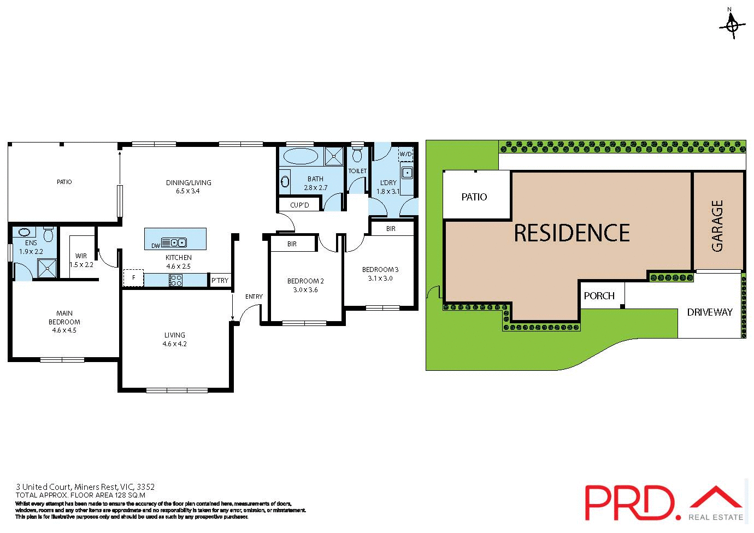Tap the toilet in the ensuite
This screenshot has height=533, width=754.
pos(48,235)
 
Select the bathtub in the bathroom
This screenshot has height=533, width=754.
pos(301,156)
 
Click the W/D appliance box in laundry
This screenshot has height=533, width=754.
pos(406,155)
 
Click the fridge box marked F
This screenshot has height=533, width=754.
pos(133,278)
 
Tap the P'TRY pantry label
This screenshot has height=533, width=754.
pos(220,281)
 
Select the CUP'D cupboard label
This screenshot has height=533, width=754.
pos(299,205)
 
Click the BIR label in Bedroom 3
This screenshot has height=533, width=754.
pos(391,229)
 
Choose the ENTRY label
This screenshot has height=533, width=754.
pos(254,297)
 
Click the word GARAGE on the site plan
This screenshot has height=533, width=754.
pos(717,226)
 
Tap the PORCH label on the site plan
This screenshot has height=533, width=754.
pos(599,296)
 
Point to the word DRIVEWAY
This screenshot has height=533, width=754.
pos(710,312)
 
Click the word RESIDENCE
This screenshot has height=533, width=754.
pos(572,233)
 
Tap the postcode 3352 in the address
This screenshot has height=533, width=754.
pos(146,487)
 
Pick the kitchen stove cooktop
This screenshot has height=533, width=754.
pos(176,280)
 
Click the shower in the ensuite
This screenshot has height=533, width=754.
pos(46,268)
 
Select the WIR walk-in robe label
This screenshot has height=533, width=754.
pos(81,256)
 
